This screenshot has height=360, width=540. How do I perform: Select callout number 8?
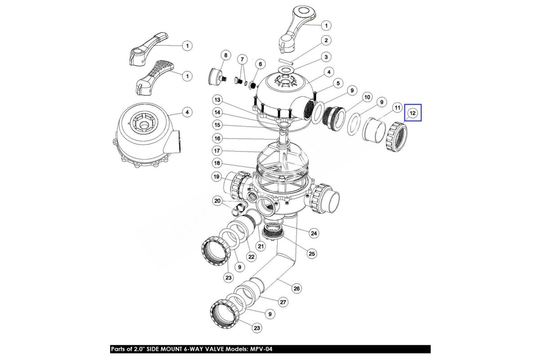(225, 55)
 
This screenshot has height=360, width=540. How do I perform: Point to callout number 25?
(311, 254)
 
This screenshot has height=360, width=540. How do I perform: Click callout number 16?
(217, 139)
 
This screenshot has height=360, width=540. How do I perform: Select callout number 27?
(283, 302)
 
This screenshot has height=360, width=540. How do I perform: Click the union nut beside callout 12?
(396, 137)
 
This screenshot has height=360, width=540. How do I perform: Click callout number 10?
(367, 97)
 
